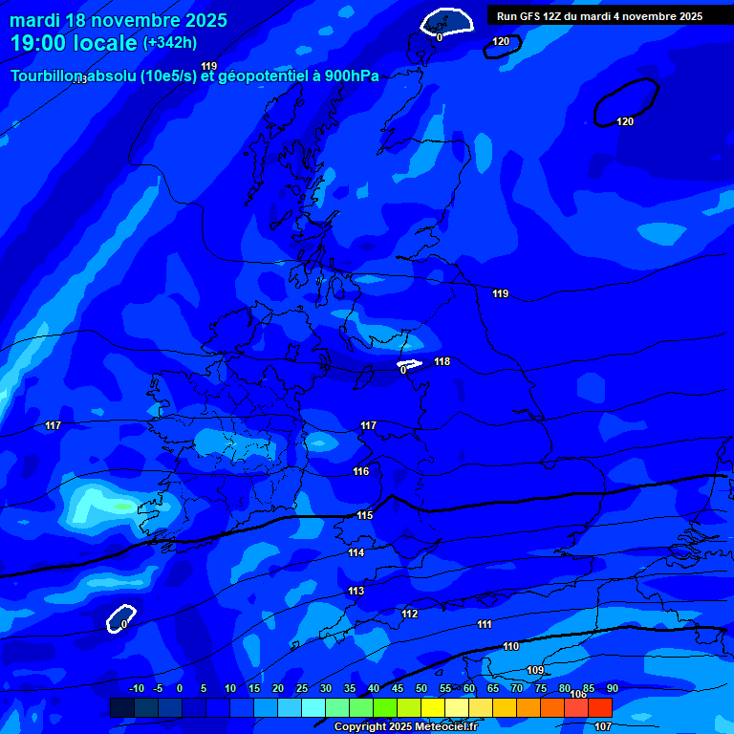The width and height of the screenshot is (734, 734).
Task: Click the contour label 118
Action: click(x=442, y=361)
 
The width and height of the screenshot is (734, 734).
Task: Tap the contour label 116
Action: click(x=360, y=471)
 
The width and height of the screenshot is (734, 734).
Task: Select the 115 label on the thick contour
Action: click(x=364, y=515)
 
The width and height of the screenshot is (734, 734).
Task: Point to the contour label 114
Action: click(x=356, y=552)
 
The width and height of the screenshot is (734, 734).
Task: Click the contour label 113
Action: click(x=356, y=591)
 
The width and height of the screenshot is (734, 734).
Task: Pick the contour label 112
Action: click(x=410, y=614)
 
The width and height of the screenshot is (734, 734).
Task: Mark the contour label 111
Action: click(x=485, y=624)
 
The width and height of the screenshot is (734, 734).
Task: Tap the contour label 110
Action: click(x=511, y=647)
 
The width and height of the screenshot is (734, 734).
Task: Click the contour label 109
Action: click(x=535, y=670)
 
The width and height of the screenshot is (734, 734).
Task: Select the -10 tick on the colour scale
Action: click(x=137, y=688)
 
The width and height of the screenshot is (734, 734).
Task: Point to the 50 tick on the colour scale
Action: click(x=421, y=688)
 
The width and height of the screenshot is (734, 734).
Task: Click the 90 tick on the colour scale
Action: click(x=613, y=688)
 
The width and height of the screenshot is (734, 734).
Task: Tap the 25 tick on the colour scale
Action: click(x=302, y=688)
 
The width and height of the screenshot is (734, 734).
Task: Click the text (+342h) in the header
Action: click(x=169, y=43)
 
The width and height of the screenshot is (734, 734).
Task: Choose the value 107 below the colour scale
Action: click(x=603, y=726)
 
